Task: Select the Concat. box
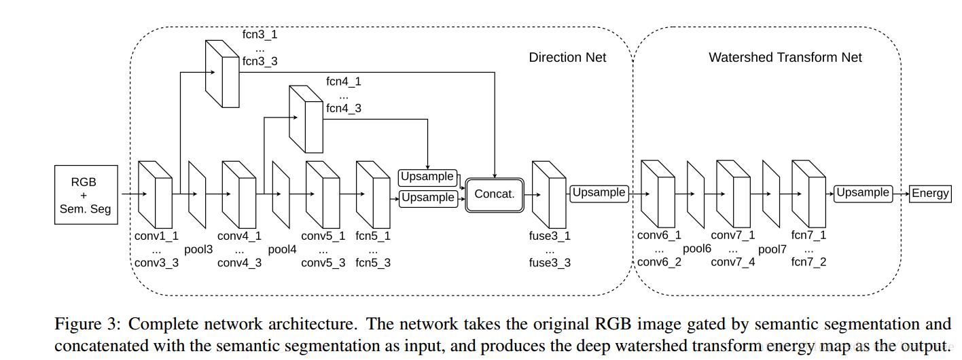click(x=494, y=194)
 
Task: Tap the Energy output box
click(x=930, y=193)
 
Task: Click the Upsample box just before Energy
click(x=862, y=193)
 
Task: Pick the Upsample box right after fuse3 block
click(x=598, y=193)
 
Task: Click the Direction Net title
click(x=567, y=58)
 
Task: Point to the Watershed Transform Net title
click(x=785, y=58)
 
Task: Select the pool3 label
click(x=198, y=249)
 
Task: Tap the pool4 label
click(x=282, y=249)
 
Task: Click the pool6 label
click(x=696, y=249)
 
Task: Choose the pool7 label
click(x=772, y=249)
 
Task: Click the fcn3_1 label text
click(x=260, y=34)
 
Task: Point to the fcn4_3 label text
click(x=344, y=108)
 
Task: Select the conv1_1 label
click(x=156, y=236)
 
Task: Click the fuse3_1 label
click(x=550, y=236)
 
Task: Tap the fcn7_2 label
click(x=808, y=262)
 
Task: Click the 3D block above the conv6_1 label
click(x=658, y=193)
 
